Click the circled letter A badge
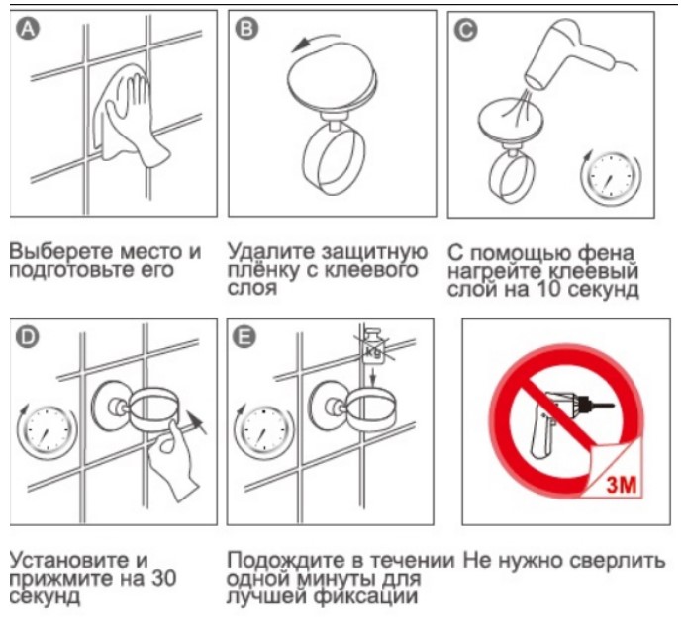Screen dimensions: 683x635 (x=28, y=29)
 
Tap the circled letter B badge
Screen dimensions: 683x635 (x=246, y=29)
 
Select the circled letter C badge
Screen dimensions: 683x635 (x=465, y=30)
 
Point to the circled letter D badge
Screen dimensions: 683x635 (x=27, y=337)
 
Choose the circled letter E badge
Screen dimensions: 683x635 (x=244, y=337)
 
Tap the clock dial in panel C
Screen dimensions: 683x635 (x=611, y=178)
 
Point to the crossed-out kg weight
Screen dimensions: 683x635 (x=373, y=347)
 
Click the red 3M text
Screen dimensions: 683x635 (x=622, y=484)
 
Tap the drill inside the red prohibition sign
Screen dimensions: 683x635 (x=566, y=422)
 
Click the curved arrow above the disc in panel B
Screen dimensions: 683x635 (x=315, y=42)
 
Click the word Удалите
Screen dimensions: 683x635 (x=271, y=251)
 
